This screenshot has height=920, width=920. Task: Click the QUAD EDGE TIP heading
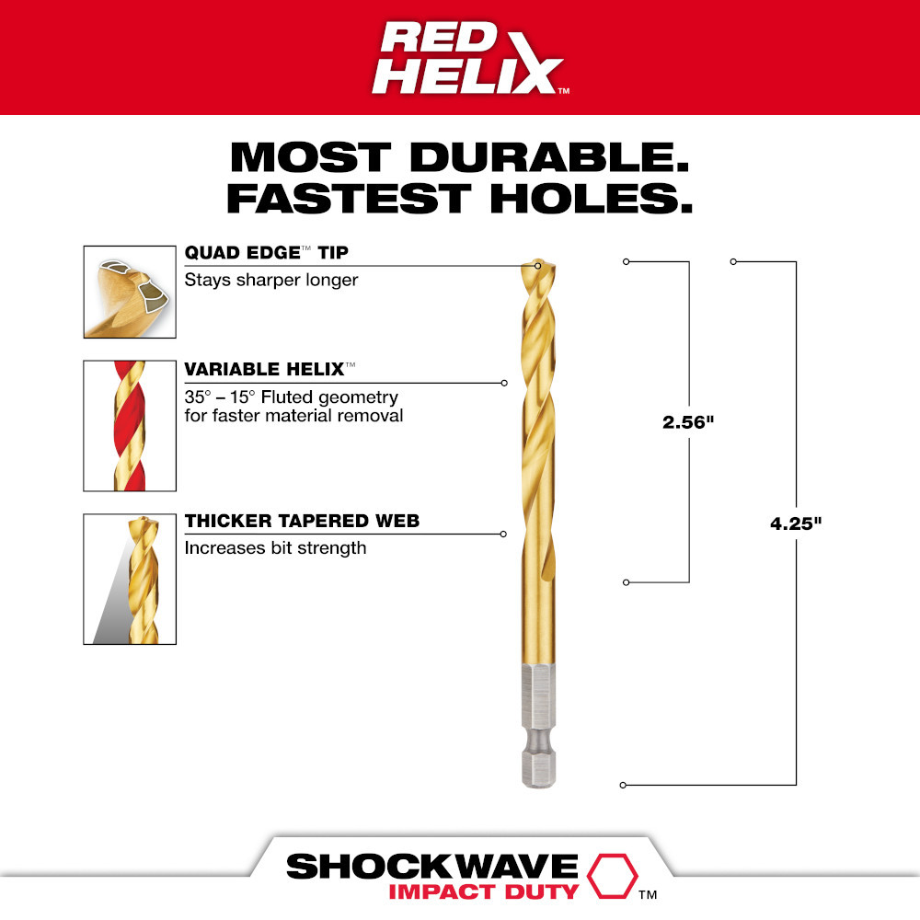(267, 253)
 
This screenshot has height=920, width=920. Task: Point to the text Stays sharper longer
(271, 280)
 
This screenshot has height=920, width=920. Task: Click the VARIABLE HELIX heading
(265, 369)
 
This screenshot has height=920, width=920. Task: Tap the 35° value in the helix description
(198, 397)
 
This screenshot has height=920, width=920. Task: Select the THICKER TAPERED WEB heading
(302, 521)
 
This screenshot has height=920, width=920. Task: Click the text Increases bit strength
(275, 548)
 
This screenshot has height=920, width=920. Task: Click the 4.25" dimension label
(796, 523)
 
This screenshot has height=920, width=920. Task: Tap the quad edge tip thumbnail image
(130, 292)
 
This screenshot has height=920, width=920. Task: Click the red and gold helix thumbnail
(130, 425)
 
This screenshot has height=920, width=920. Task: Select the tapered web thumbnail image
(130, 579)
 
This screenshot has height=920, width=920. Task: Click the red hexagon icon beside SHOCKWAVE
(610, 875)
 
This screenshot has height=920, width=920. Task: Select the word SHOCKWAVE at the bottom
(431, 867)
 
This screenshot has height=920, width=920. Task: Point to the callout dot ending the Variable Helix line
(504, 383)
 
